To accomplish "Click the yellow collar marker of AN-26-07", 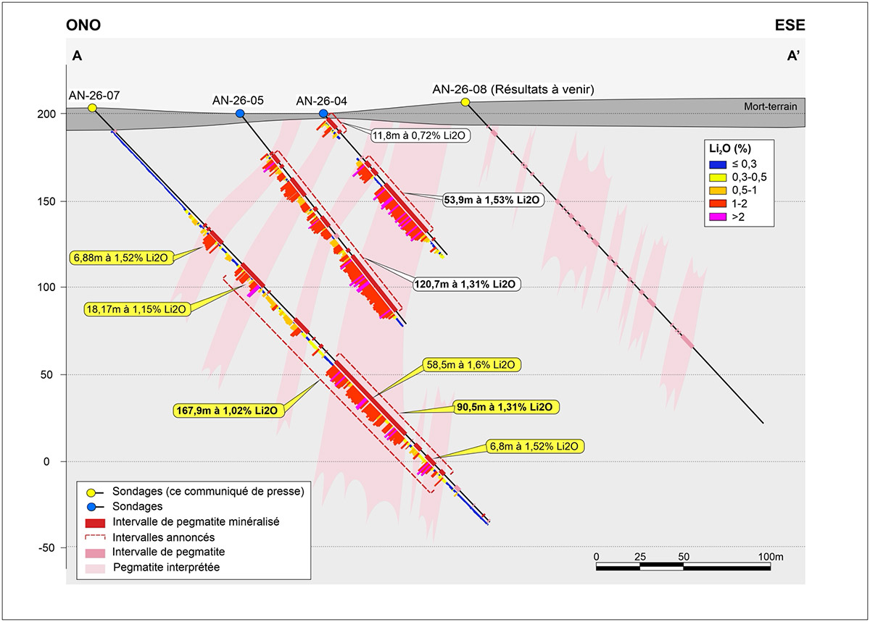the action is pyautogui.click(x=92, y=108).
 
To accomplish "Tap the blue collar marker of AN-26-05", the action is pyautogui.click(x=240, y=113).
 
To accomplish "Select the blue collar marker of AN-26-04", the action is pyautogui.click(x=323, y=113).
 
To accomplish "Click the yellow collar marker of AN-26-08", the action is pyautogui.click(x=465, y=102).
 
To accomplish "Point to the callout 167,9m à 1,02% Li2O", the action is pyautogui.click(x=227, y=411).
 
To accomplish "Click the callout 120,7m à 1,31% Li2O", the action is pyautogui.click(x=465, y=285).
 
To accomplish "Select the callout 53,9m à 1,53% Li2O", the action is pyautogui.click(x=492, y=200).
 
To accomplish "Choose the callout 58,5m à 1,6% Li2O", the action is pyautogui.click(x=471, y=365).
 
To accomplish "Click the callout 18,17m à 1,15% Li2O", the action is pyautogui.click(x=136, y=309).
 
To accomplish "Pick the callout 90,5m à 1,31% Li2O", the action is pyautogui.click(x=504, y=407).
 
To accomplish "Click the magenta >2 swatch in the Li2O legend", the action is pyautogui.click(x=718, y=217).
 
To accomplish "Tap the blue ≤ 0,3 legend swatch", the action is pyautogui.click(x=718, y=164).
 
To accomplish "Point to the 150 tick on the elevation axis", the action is pyautogui.click(x=46, y=201).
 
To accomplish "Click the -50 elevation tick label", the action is pyautogui.click(x=46, y=547).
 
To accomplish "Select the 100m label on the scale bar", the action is pyautogui.click(x=771, y=557).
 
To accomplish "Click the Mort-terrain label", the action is pyautogui.click(x=771, y=106).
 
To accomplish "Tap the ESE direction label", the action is pyautogui.click(x=790, y=25).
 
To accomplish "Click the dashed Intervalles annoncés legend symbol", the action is pyautogui.click(x=95, y=537).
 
